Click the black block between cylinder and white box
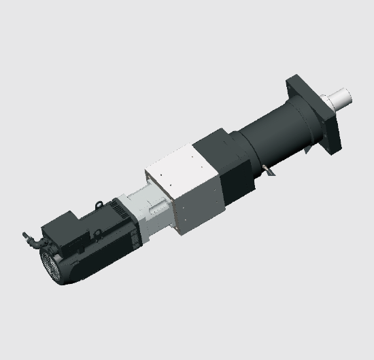[x=218, y=153]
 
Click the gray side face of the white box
[x=201, y=204]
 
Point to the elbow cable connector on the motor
[x=30, y=238]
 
